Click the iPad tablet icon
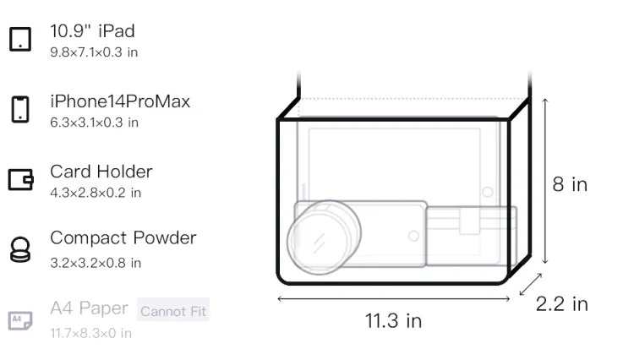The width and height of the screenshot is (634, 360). (x=20, y=39)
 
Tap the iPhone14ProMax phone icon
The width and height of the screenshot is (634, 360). (x=20, y=109)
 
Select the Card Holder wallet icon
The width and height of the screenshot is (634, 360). (x=20, y=179)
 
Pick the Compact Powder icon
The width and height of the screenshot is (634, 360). (x=19, y=250)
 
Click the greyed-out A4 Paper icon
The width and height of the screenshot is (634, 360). (x=20, y=320)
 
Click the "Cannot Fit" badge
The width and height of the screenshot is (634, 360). (x=173, y=311)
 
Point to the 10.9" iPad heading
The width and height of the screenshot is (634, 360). (x=92, y=31)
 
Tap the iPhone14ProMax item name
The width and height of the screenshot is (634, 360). (x=120, y=101)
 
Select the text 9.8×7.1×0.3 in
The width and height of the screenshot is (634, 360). (x=94, y=52)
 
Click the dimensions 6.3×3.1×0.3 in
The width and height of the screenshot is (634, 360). (x=94, y=123)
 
